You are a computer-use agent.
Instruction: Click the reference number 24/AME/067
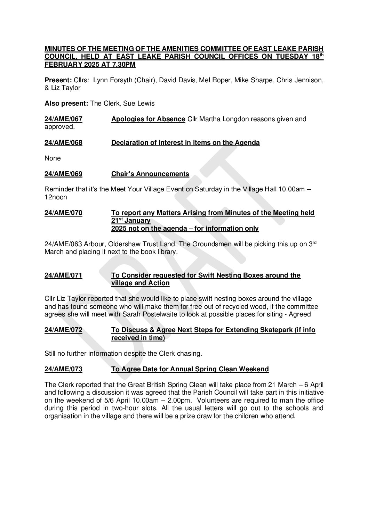coord(63,119)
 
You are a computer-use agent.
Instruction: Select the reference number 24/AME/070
coord(63,213)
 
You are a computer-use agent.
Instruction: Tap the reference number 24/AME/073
coord(63,369)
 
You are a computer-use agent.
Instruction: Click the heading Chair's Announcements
coord(150,174)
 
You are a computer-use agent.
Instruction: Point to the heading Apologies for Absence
coord(148,119)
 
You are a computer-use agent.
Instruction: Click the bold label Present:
coord(58,80)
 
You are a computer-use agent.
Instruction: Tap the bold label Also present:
coord(66,104)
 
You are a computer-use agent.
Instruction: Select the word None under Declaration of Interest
coord(53,158)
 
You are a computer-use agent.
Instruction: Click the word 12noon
coord(56,197)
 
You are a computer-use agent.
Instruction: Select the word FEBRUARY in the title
coord(62,65)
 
